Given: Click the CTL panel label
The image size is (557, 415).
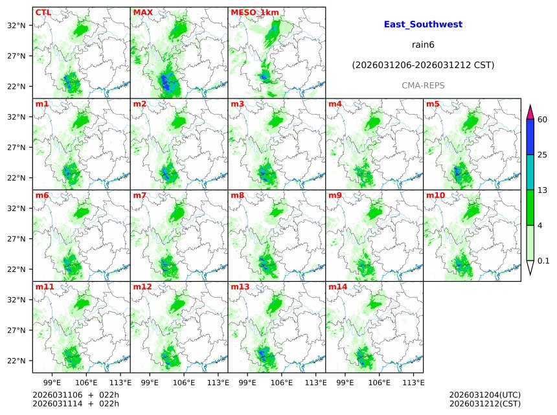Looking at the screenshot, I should (43, 12).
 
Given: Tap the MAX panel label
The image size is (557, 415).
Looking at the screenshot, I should (142, 12).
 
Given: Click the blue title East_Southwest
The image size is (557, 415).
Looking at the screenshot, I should (423, 25).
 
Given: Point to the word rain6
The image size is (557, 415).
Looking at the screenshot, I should (423, 45).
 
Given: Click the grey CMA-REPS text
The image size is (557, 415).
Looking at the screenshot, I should (423, 85).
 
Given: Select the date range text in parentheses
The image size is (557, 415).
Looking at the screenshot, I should (423, 65).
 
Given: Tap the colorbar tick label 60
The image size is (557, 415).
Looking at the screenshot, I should (543, 120).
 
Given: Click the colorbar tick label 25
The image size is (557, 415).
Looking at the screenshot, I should (543, 155).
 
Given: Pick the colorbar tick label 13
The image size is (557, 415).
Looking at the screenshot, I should (543, 190).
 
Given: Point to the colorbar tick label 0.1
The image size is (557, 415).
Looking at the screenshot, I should (543, 261).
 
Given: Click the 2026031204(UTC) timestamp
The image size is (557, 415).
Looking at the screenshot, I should (484, 395).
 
